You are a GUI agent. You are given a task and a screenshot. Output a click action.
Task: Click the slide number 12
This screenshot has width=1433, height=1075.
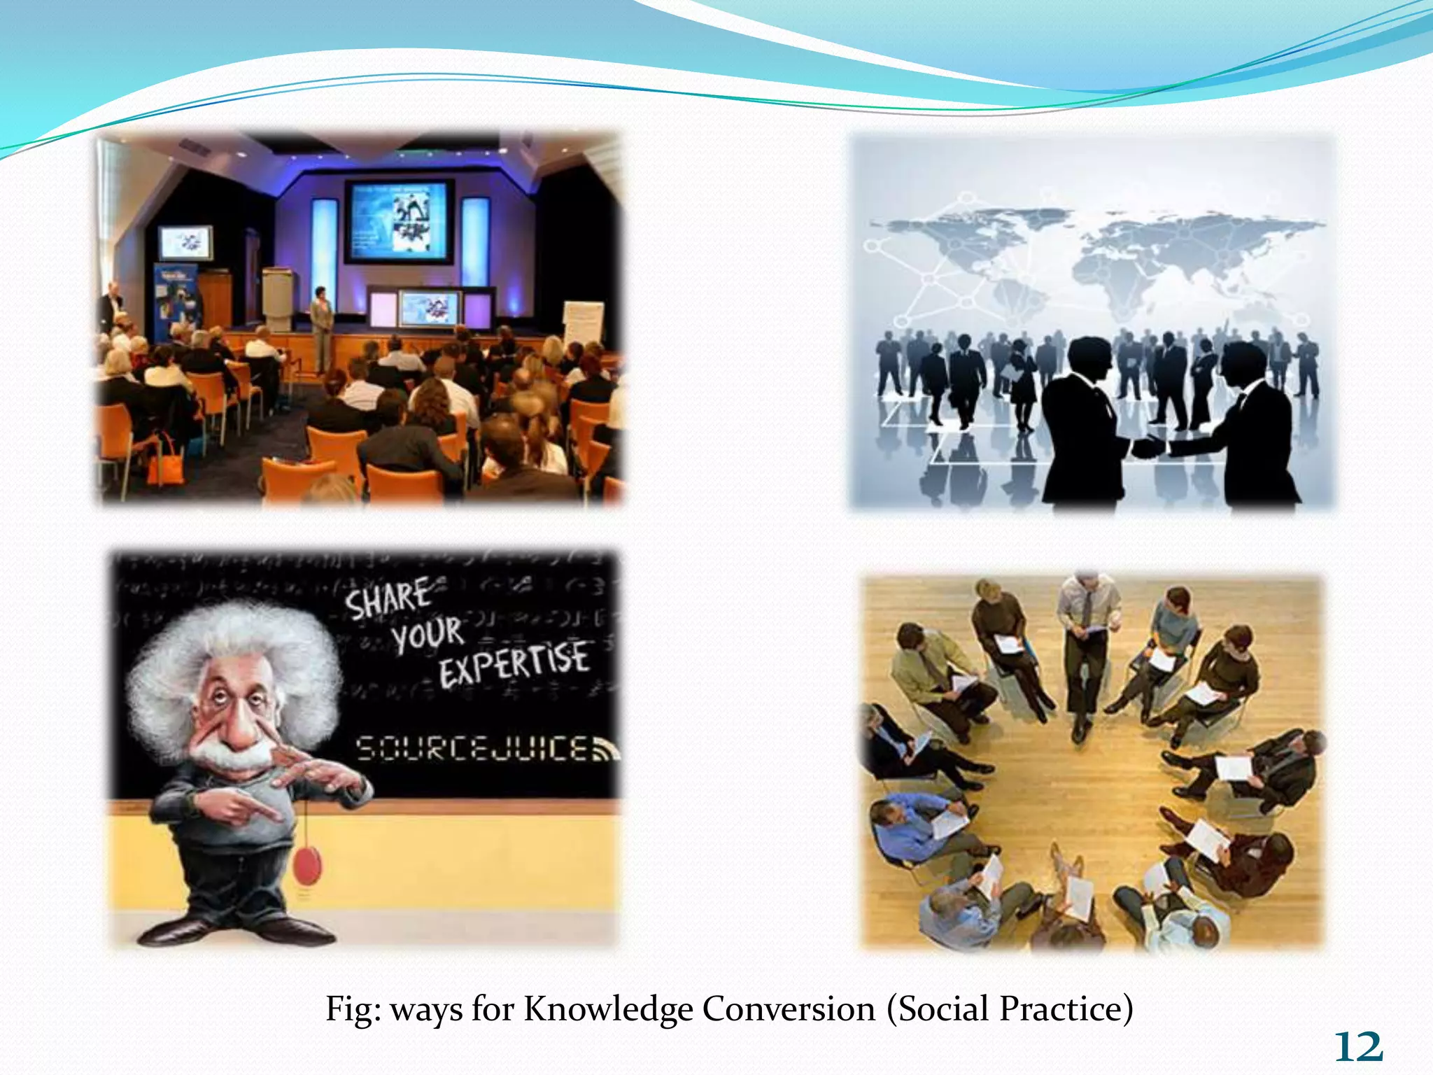click(x=1358, y=1047)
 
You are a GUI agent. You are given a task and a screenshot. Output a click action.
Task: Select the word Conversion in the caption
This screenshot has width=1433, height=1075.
click(x=789, y=1009)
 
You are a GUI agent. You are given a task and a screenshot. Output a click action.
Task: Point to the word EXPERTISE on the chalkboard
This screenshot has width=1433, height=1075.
click(x=514, y=662)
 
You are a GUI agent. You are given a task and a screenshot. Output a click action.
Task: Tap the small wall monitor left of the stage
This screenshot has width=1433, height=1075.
click(x=185, y=242)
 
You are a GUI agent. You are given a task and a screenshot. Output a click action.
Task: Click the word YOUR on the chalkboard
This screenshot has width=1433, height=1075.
click(x=427, y=633)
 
